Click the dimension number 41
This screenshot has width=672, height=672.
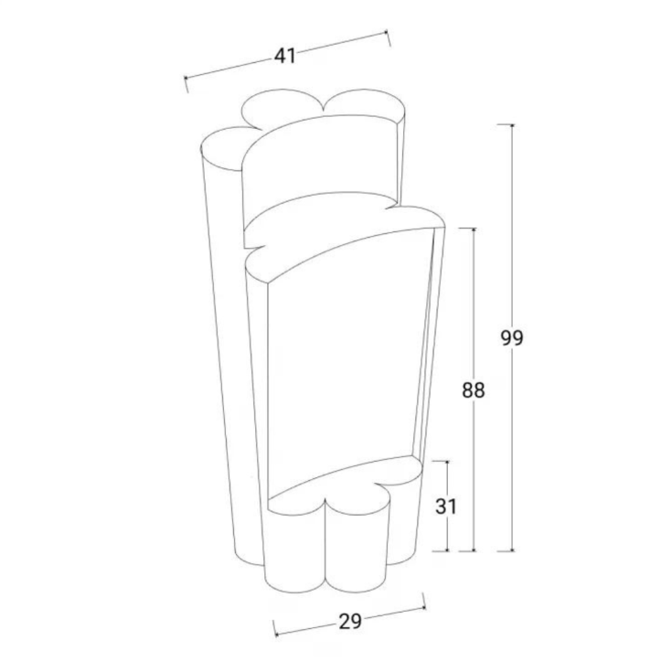coord(285,56)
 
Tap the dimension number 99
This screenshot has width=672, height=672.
coord(512,338)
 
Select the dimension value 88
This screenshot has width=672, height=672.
coord(474,390)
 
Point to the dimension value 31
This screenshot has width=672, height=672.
coord(446,507)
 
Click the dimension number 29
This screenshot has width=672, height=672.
coord(350,621)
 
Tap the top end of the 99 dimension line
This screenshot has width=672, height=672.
coord(512,125)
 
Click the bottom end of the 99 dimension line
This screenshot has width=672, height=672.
coord(512,550)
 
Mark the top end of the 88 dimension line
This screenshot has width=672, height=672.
coord(474,229)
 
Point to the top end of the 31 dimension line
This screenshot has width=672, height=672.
coord(447,462)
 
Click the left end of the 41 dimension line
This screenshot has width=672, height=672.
coord(186,78)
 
